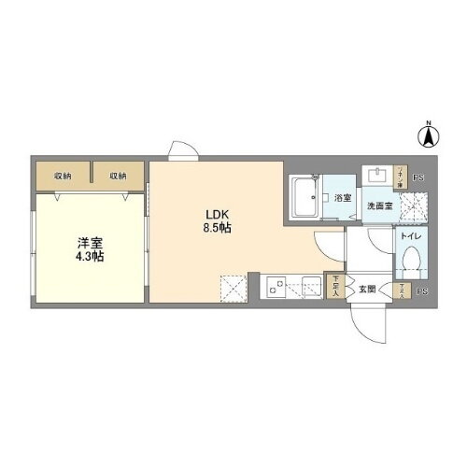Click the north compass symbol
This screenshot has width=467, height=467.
pos(430,136)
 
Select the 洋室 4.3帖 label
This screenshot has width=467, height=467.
pos(91,249)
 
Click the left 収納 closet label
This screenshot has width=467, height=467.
pos(63,176)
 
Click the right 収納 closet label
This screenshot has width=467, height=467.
pos(117,176)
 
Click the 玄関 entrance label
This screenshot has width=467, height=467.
pos(369,290)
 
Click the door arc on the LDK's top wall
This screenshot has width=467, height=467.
pos(178,150)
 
